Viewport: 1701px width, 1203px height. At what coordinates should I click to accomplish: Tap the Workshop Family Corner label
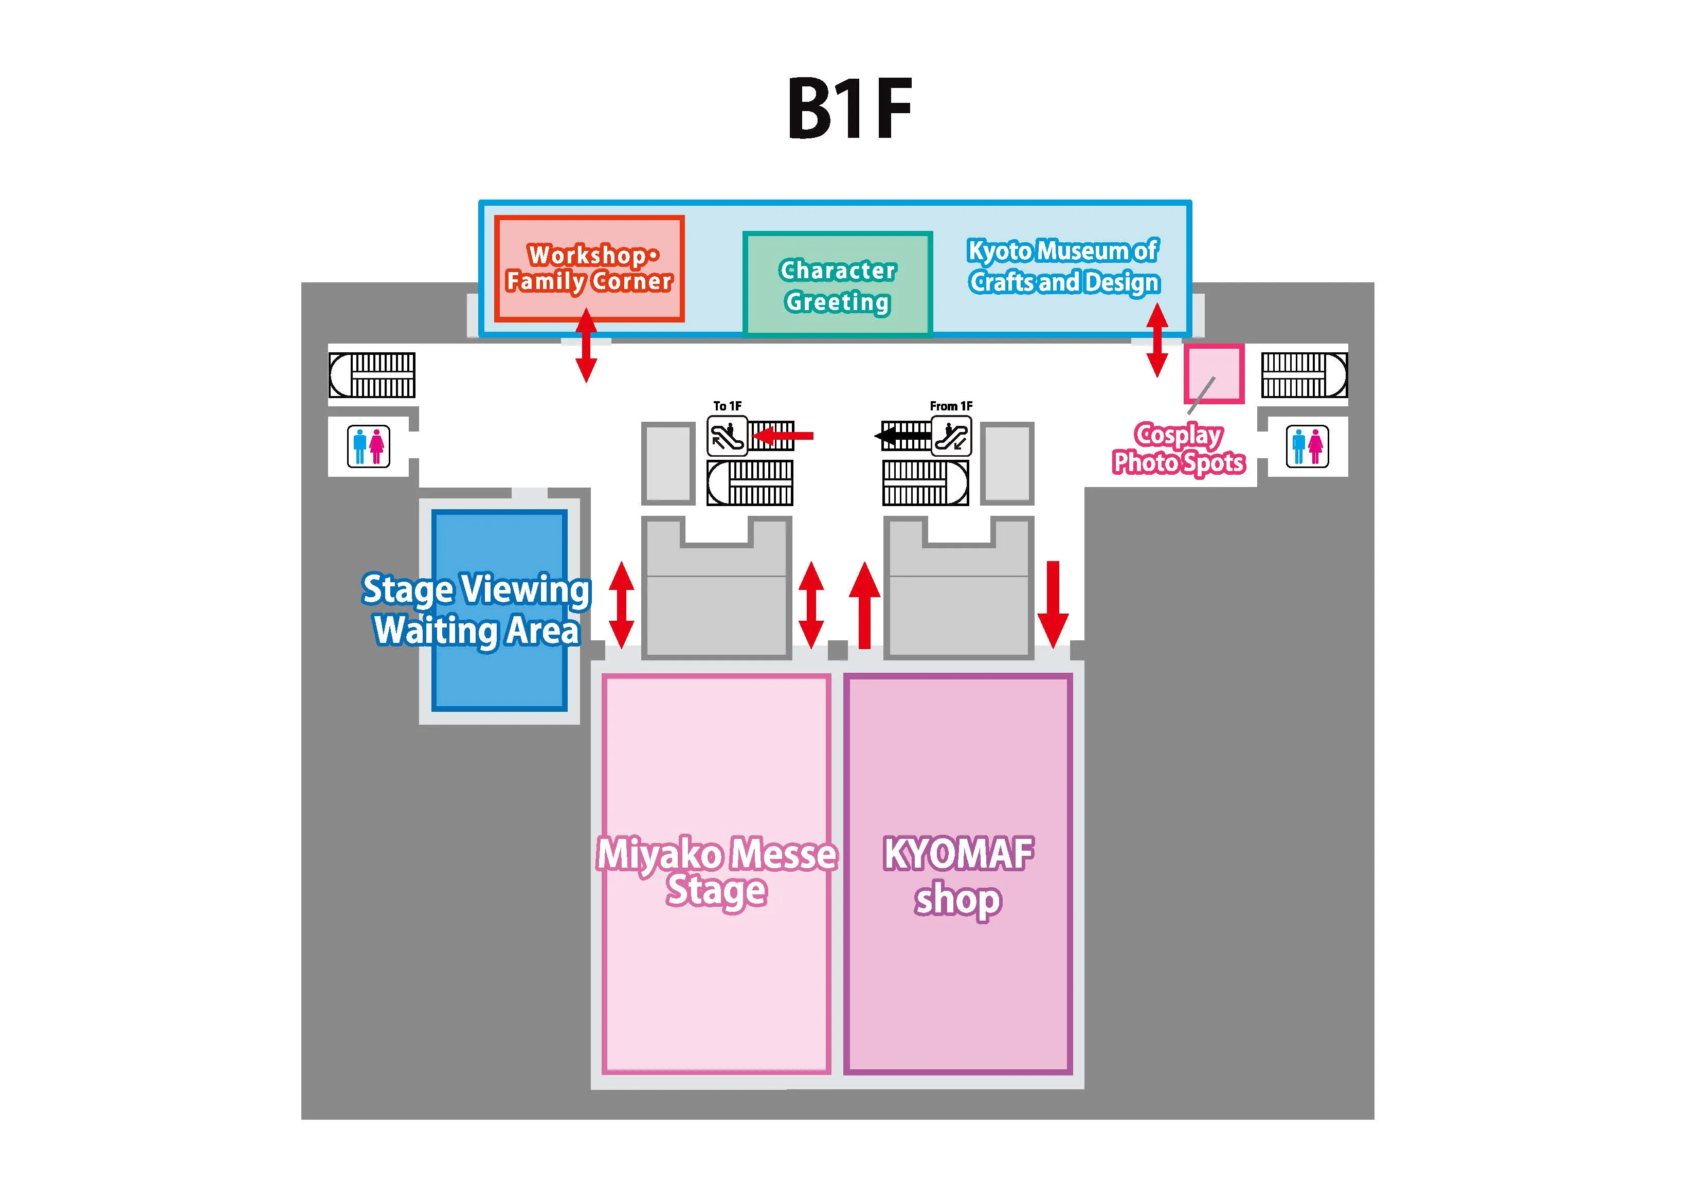[589, 268]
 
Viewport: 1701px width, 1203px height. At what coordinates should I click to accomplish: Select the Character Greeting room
[837, 284]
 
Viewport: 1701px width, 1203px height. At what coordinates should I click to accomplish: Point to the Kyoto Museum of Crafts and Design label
[1063, 267]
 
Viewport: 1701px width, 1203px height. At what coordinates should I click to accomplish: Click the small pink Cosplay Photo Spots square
[1213, 373]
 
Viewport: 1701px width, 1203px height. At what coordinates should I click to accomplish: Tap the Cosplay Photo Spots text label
[1179, 448]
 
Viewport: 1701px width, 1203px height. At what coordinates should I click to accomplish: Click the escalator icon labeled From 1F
[951, 436]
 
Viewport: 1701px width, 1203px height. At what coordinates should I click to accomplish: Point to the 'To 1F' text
[727, 406]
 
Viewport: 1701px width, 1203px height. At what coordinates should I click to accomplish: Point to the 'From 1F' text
[951, 406]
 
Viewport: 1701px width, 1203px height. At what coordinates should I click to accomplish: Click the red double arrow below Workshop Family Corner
[586, 346]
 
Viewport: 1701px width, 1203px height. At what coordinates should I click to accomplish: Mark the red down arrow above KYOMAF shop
[1053, 604]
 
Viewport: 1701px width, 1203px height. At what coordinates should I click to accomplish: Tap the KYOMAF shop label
[958, 877]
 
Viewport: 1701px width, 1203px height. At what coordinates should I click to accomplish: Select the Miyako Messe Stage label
[716, 872]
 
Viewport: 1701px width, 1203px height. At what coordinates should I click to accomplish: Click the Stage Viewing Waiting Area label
[476, 610]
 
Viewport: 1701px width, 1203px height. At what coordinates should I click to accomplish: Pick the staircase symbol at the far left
[372, 375]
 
